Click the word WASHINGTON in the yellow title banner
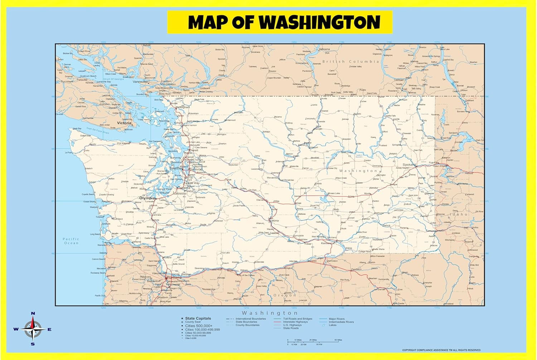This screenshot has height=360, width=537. click(319, 22)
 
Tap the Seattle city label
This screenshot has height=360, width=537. click(175, 168)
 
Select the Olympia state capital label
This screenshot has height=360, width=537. click(147, 198)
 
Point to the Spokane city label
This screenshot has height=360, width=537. click(409, 165)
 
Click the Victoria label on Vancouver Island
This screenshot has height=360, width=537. click(124, 123)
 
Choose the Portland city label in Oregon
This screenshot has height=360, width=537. click(174, 277)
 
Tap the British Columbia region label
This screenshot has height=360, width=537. click(350, 62)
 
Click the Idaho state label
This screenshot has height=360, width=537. click(459, 214)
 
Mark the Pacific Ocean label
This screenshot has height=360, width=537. click(71, 241)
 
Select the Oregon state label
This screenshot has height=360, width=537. click(285, 296)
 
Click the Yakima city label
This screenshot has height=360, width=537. click(274, 221)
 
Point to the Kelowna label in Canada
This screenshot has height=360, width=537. click(324, 49)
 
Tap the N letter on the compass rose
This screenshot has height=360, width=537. click(33, 314)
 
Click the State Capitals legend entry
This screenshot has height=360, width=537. click(198, 318)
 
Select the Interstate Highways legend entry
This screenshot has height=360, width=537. click(295, 322)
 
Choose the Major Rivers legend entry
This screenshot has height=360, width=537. click(337, 318)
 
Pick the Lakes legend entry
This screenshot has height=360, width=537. click(333, 325)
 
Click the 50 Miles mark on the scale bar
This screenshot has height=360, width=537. click(338, 340)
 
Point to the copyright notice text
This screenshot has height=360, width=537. click(441, 350)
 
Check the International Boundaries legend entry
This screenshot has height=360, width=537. click(251, 318)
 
